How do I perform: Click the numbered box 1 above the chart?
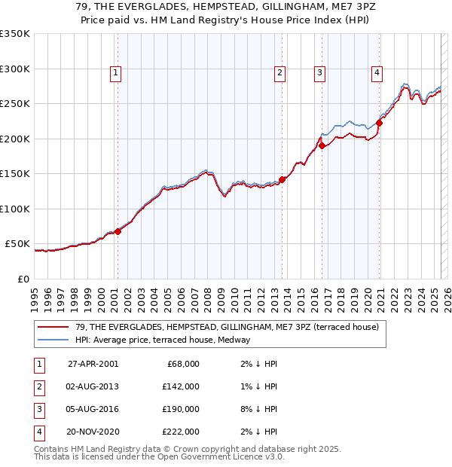coord(115,73)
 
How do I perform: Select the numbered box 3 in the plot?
coord(319,73)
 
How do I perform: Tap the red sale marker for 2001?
coord(118,231)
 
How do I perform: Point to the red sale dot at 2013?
coord(282,179)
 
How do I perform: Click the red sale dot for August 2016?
coord(322,146)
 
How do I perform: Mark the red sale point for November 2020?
coord(379,124)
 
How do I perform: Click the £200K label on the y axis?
coord(15,139)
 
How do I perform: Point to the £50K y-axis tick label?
coord(17,244)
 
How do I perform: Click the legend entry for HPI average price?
coord(162,340)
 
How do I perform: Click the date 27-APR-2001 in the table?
coord(92,364)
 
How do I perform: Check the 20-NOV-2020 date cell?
coord(92,432)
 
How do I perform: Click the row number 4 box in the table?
coord(38,432)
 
